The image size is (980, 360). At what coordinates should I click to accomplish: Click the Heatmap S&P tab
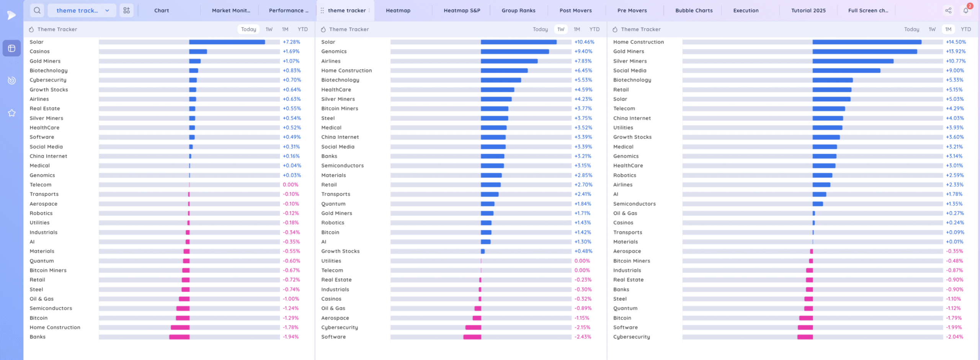[462, 11]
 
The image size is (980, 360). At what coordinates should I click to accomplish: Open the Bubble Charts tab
[694, 11]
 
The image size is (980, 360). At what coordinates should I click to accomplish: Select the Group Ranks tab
[518, 11]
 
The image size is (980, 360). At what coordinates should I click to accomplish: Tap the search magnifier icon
[37, 10]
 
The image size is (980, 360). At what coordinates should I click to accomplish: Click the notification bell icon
[966, 11]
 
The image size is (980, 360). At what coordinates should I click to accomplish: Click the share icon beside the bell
[948, 11]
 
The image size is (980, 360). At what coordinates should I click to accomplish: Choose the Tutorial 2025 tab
[808, 11]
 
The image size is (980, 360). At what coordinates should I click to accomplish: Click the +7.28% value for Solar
[291, 42]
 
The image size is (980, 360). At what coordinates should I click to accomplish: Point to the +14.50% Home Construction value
[956, 42]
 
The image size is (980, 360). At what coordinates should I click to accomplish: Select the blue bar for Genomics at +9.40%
[514, 52]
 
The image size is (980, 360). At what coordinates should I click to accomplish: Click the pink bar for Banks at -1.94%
[179, 337]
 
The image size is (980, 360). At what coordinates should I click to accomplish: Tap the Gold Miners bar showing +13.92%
[864, 52]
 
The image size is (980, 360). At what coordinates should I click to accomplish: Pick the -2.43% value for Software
[583, 337]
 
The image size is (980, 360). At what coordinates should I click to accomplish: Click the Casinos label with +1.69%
[40, 52]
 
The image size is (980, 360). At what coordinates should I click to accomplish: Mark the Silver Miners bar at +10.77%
[853, 61]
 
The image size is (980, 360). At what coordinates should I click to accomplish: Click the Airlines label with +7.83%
[331, 61]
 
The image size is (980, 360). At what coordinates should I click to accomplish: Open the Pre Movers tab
[632, 11]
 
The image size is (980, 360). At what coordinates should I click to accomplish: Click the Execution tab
[746, 11]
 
